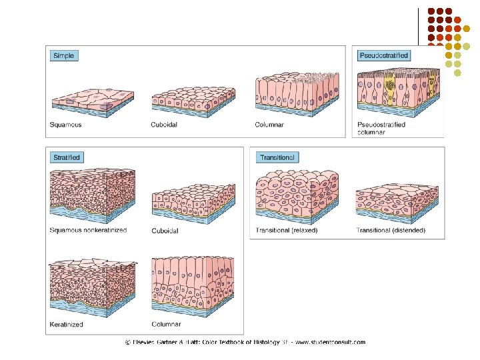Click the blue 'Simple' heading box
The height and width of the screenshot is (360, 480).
(x=65, y=56)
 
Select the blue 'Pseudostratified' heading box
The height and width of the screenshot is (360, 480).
(x=383, y=55)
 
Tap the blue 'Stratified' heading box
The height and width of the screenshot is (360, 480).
(x=67, y=157)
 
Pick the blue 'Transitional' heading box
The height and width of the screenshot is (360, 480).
(x=278, y=157)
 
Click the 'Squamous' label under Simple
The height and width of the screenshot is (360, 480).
(x=66, y=125)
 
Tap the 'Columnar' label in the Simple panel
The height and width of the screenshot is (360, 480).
(x=269, y=125)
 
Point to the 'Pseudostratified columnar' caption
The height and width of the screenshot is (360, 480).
(x=381, y=128)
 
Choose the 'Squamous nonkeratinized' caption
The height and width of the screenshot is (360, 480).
(x=88, y=231)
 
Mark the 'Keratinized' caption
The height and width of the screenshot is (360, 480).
(x=67, y=325)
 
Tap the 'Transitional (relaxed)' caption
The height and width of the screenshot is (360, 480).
(x=287, y=231)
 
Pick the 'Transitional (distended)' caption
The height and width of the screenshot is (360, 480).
(x=391, y=231)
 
